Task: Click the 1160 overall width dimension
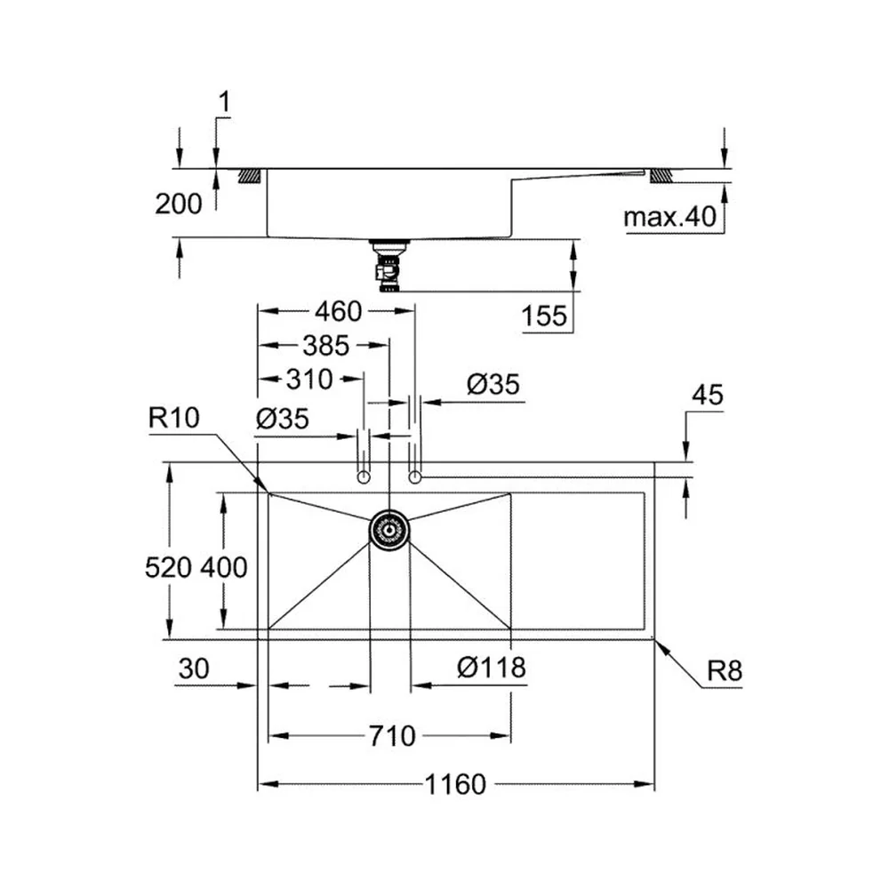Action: pyautogui.click(x=455, y=784)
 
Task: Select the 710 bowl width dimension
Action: pyautogui.click(x=392, y=736)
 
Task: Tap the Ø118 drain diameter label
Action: pyautogui.click(x=492, y=668)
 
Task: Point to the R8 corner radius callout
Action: pyautogui.click(x=724, y=670)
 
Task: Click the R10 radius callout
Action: pyautogui.click(x=173, y=418)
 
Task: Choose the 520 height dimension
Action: pyautogui.click(x=168, y=567)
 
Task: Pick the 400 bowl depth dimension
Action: pyautogui.click(x=223, y=567)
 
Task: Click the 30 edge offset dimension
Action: pyautogui.click(x=194, y=669)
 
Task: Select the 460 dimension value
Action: pyautogui.click(x=338, y=311)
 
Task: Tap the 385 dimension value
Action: pyautogui.click(x=325, y=345)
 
